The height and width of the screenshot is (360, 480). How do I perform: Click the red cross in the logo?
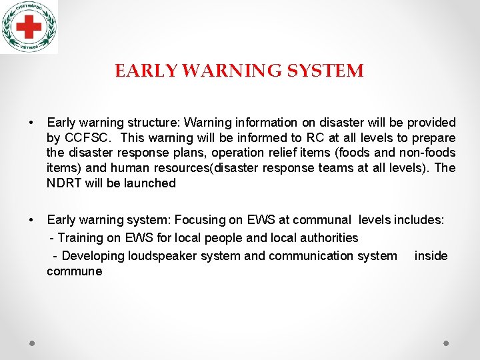28,27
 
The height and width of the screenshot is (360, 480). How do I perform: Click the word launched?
152,183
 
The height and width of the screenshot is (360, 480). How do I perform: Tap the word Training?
81,238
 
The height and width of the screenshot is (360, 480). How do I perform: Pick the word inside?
431,256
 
